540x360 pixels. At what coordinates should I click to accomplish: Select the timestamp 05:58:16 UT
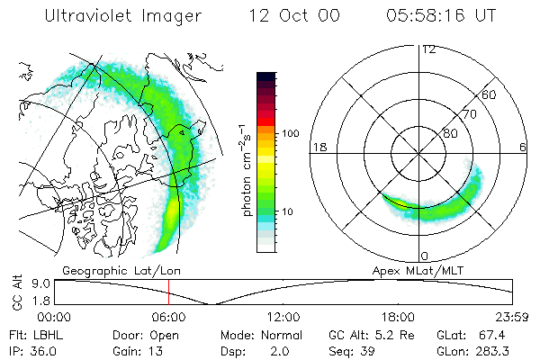[x=441, y=16]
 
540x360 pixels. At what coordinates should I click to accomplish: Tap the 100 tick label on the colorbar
[x=291, y=133]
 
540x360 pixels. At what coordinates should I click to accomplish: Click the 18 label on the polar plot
[x=318, y=147]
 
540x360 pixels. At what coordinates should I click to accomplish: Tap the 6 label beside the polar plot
[x=524, y=147]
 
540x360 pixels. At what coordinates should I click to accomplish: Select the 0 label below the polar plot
[x=424, y=256]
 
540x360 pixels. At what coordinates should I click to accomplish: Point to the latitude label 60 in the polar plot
[x=489, y=94]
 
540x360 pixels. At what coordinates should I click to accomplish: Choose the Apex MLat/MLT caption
[x=411, y=270]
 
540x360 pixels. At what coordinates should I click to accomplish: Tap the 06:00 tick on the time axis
[x=168, y=317]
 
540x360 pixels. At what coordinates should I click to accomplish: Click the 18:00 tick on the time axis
[x=397, y=317]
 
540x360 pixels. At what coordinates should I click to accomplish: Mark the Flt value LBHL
[x=49, y=334]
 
